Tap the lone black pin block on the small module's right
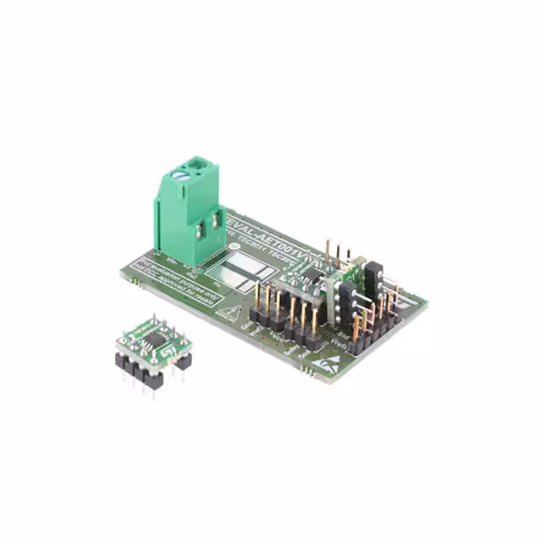coord(183,359)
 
